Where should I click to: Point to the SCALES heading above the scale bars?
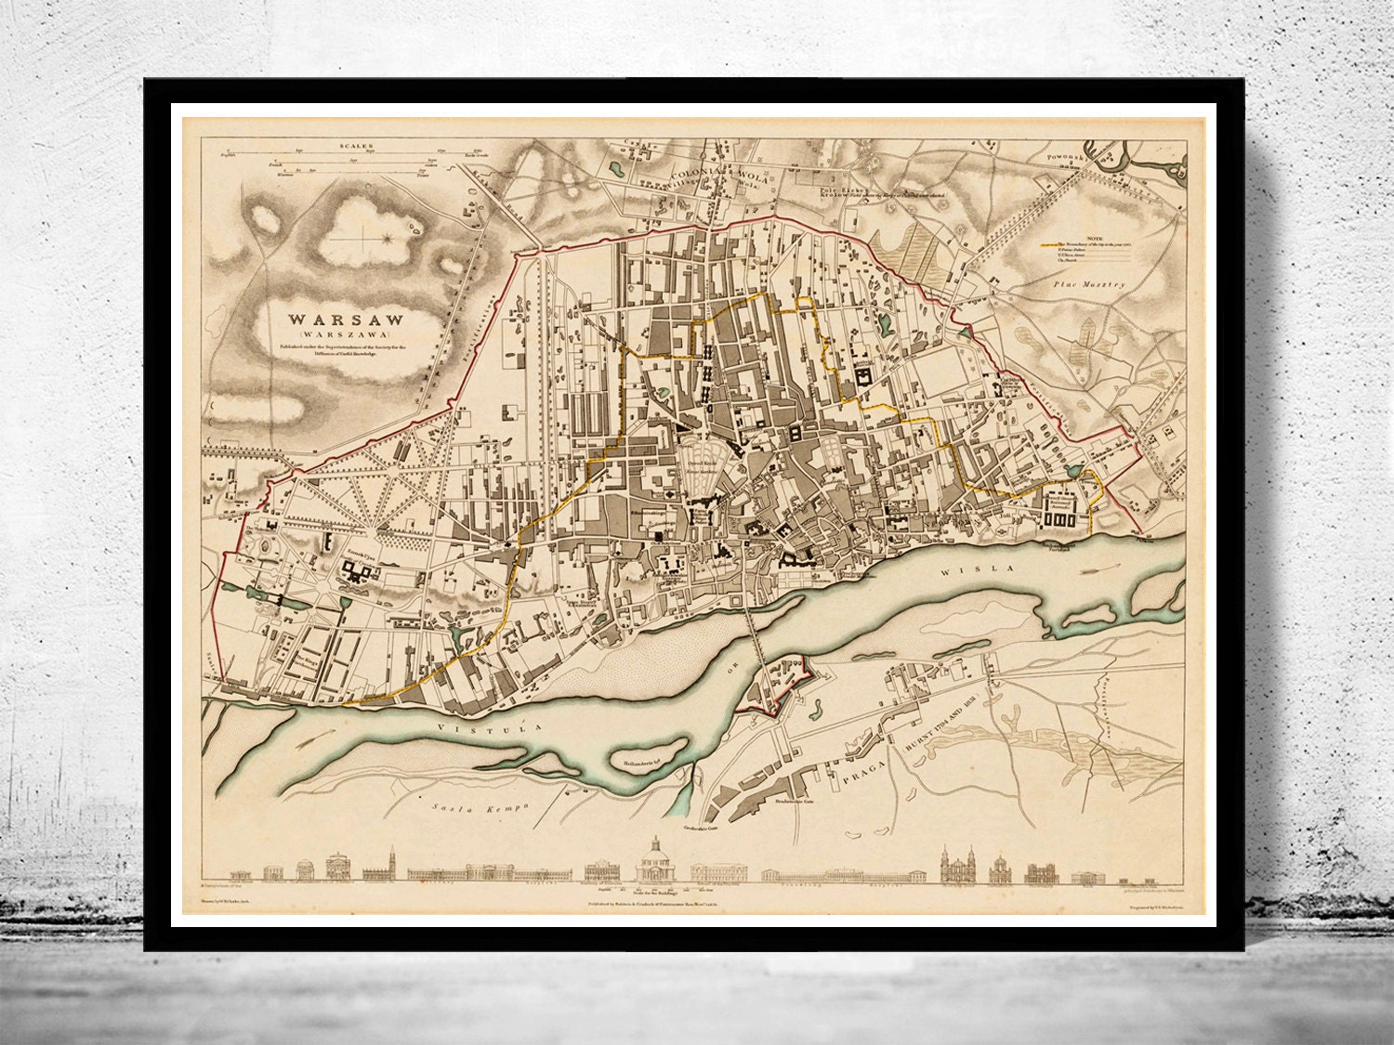356,147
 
